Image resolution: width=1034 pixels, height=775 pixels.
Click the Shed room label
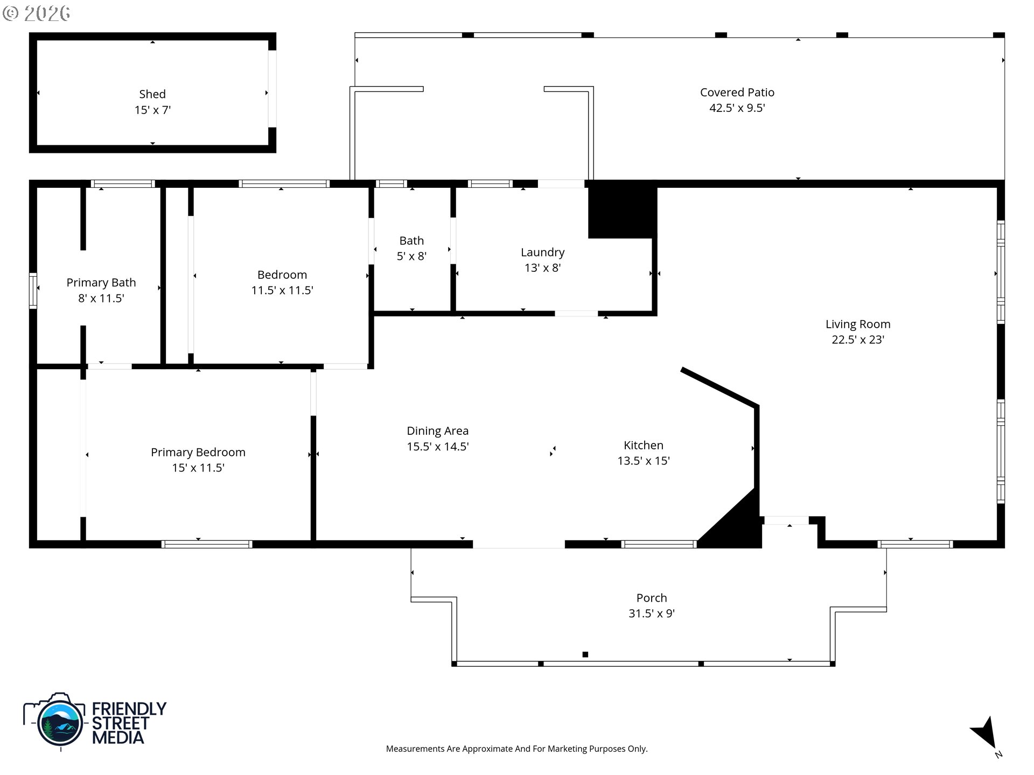pyautogui.click(x=152, y=94)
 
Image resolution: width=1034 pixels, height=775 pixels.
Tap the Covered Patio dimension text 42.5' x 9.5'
pyautogui.click(x=737, y=108)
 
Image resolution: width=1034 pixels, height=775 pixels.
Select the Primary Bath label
pyautogui.click(x=101, y=283)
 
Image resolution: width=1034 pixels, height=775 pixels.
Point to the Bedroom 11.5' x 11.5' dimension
pyautogui.click(x=282, y=291)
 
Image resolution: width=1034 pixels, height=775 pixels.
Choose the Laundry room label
pyautogui.click(x=542, y=252)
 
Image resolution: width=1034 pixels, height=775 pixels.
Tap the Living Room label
pyautogui.click(x=857, y=324)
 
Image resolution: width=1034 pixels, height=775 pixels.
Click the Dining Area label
pyautogui.click(x=437, y=431)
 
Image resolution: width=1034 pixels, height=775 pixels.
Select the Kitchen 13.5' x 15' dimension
pyautogui.click(x=643, y=461)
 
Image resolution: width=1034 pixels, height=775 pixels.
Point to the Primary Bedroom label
pyautogui.click(x=198, y=453)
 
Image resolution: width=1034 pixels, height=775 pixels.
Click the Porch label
pyautogui.click(x=651, y=598)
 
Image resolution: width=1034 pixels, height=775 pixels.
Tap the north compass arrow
pyautogui.click(x=986, y=733)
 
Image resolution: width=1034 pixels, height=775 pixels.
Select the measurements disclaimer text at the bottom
pyautogui.click(x=516, y=749)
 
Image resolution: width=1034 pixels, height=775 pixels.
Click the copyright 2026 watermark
pyautogui.click(x=37, y=13)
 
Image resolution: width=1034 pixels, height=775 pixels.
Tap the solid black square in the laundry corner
pyautogui.click(x=622, y=210)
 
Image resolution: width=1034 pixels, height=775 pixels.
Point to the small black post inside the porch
pyautogui.click(x=585, y=654)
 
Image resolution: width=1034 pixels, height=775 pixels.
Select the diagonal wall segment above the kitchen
pyautogui.click(x=719, y=387)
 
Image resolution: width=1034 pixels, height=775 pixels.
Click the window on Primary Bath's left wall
pyautogui.click(x=33, y=291)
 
